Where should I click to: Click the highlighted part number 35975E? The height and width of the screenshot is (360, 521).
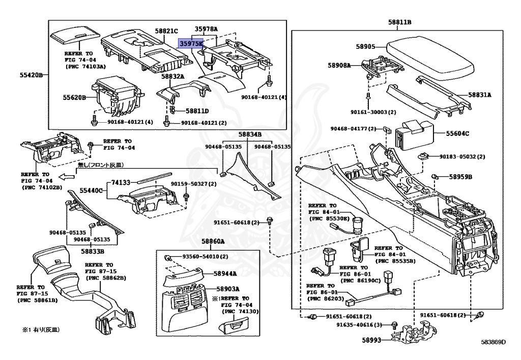click(x=190, y=44)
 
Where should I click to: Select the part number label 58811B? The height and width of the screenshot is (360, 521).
click(x=399, y=22)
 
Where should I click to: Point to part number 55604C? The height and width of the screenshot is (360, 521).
click(x=457, y=133)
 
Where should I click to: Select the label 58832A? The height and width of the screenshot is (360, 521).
click(x=173, y=76)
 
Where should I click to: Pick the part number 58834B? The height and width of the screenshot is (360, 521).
click(x=250, y=134)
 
